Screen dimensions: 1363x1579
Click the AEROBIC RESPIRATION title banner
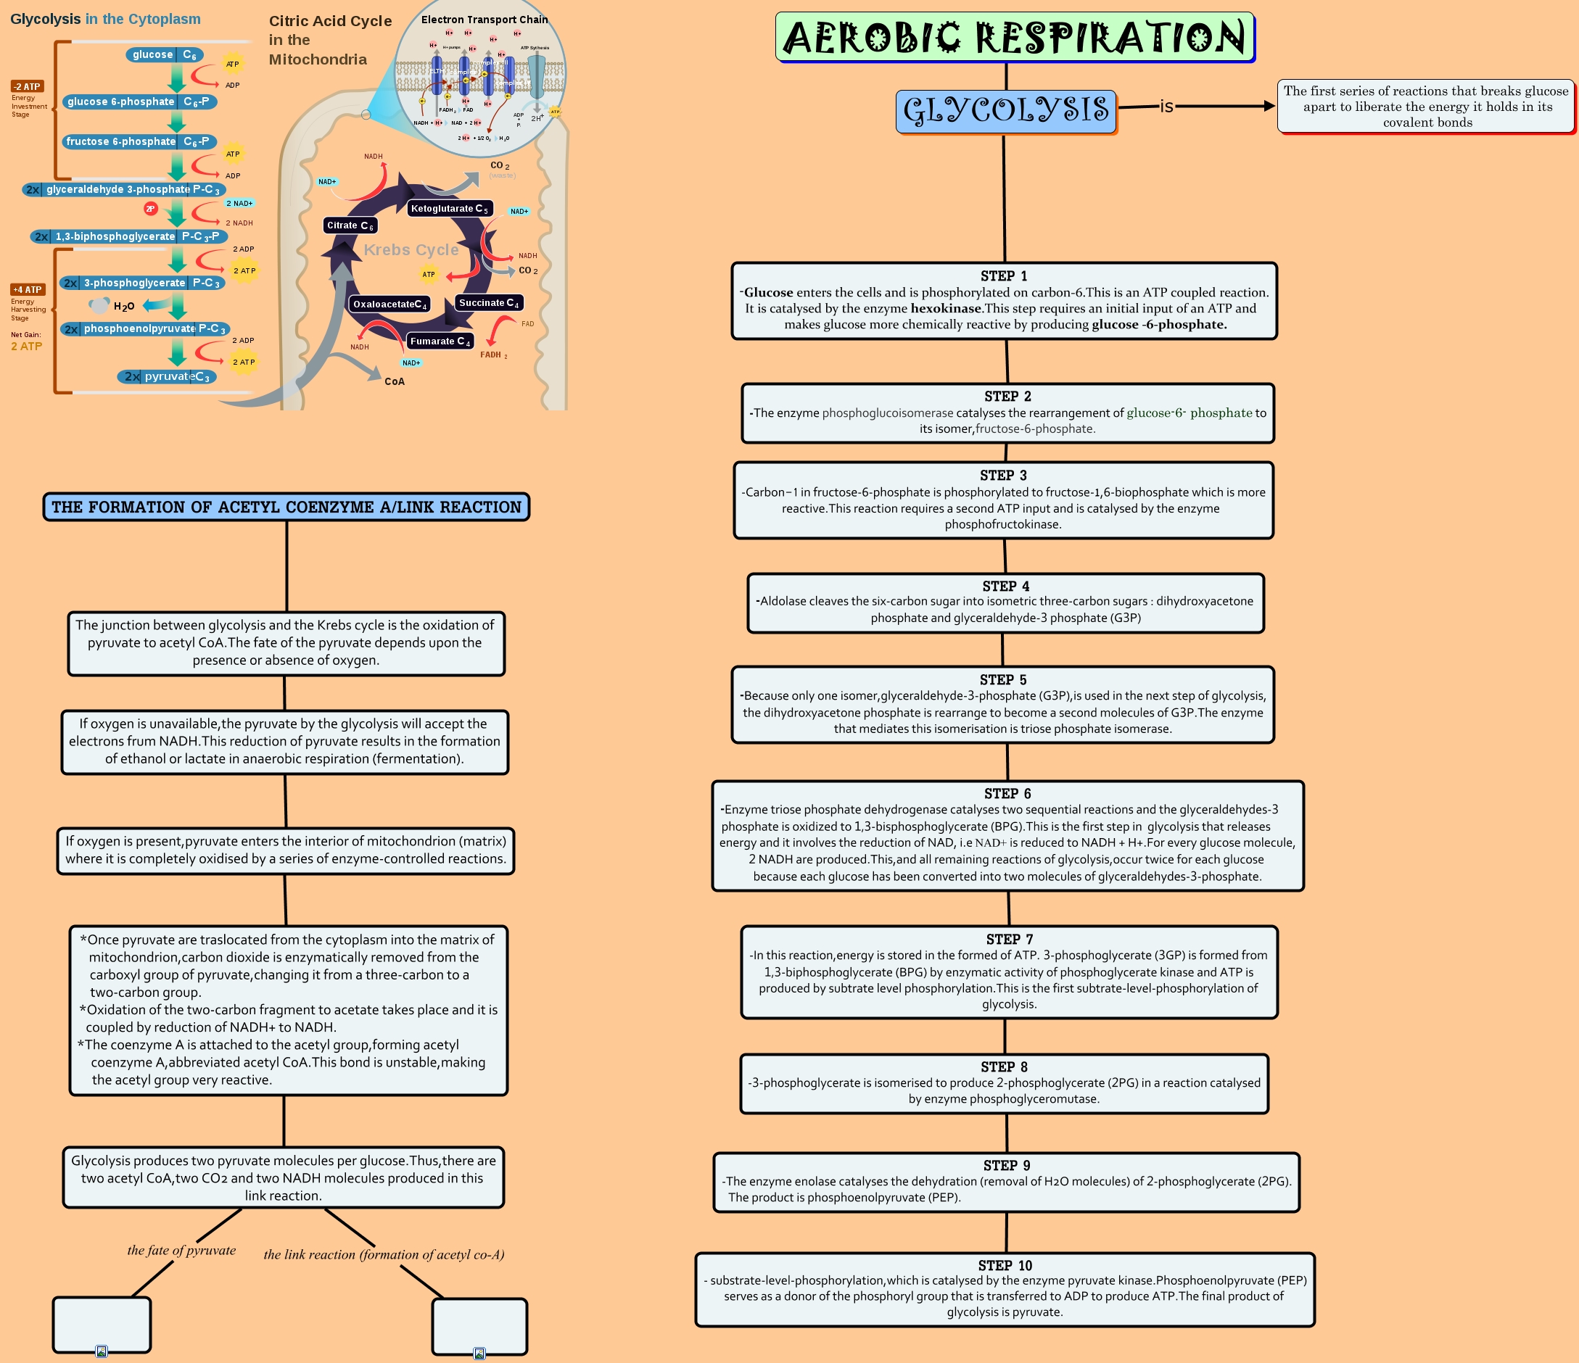click(1014, 36)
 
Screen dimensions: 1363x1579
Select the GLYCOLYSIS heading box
click(1005, 110)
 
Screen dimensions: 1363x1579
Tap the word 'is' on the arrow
click(1166, 107)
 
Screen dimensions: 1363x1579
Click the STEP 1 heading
click(1004, 275)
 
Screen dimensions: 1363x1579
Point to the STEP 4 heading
click(1005, 586)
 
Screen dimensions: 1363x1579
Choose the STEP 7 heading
click(1009, 940)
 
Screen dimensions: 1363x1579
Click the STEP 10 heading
click(1005, 1265)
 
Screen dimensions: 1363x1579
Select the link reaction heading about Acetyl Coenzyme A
click(286, 507)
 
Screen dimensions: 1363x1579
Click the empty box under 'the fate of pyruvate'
click(102, 1324)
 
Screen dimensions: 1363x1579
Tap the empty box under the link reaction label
click(479, 1326)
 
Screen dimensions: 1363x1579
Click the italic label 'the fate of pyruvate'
click(181, 1250)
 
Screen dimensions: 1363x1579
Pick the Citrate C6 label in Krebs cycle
click(350, 225)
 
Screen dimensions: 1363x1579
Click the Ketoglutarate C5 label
click(449, 209)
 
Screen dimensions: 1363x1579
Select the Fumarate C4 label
click(440, 341)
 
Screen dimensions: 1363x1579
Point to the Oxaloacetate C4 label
click(389, 304)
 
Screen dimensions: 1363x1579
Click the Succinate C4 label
click(488, 303)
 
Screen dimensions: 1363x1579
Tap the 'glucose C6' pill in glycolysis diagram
click(164, 55)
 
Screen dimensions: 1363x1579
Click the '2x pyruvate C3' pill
click(167, 376)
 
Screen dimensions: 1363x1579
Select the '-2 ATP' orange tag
click(27, 87)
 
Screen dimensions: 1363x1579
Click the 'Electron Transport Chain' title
click(484, 20)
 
